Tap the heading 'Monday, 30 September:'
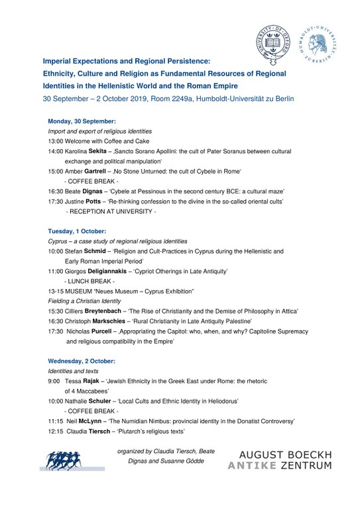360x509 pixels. pos(82,121)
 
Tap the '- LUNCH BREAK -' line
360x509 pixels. pos(91,281)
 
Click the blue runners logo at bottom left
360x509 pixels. pos(70,460)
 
